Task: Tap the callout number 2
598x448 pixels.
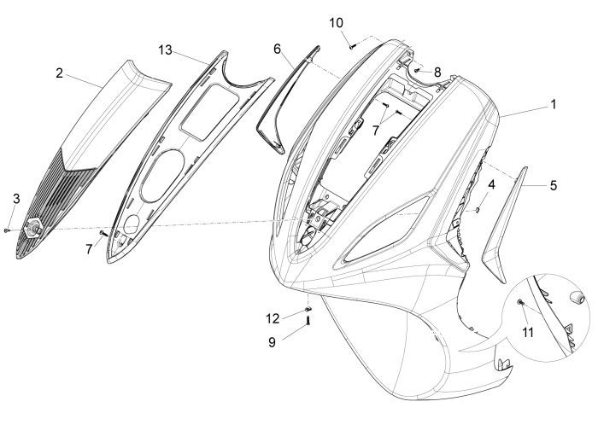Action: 59,74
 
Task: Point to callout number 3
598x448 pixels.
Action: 15,199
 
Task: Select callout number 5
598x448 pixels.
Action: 554,184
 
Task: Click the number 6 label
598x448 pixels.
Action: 278,49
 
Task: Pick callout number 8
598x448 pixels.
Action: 437,73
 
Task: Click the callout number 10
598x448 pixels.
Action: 337,21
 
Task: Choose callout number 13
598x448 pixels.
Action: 165,50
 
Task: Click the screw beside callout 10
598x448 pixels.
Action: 351,41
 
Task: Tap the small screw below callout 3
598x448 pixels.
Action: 8,229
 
